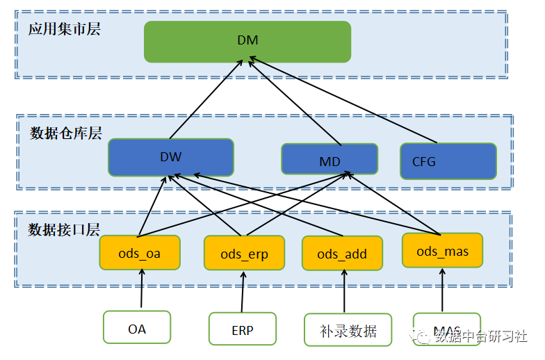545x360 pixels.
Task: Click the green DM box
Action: coord(247,41)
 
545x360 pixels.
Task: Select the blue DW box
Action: coord(170,157)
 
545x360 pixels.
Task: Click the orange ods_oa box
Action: coord(140,253)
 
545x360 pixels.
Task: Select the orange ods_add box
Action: coord(342,254)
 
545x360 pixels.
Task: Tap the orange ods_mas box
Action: coord(442,251)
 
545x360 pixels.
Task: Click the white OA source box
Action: coord(137,328)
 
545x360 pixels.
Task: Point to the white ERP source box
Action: coord(243,329)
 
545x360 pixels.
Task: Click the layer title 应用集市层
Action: coord(65,29)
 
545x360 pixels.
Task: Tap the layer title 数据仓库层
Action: coord(66,133)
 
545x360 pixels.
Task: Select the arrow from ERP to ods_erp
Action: coord(243,292)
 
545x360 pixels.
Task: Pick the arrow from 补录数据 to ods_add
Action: coord(344,292)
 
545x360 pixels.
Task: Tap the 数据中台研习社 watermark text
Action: coord(480,336)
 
